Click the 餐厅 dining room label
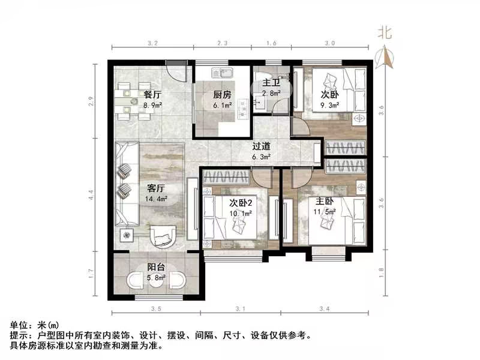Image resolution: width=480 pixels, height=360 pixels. tap(152, 95)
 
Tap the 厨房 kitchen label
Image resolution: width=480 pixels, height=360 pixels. tap(222, 94)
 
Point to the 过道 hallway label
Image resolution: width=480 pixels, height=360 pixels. tap(260, 146)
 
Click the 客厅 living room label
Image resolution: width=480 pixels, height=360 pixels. tap(155, 186)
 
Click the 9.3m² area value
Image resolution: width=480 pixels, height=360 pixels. tap(329, 105)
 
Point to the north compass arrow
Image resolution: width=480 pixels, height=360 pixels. tap(384, 58)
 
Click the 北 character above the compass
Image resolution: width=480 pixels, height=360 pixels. tap(384, 34)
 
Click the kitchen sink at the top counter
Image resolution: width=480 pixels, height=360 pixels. tap(221, 74)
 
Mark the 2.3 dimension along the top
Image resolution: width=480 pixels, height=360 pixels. tap(222, 43)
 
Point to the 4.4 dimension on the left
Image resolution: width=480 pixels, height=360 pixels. tap(91, 195)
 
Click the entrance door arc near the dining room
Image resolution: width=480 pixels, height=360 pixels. tap(176, 73)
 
